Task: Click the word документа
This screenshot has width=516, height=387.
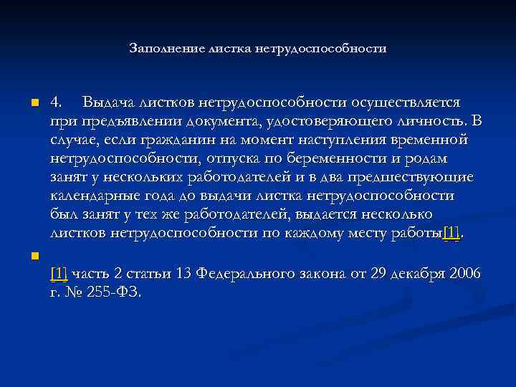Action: point(207,120)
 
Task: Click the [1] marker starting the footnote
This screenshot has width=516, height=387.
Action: point(59,274)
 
